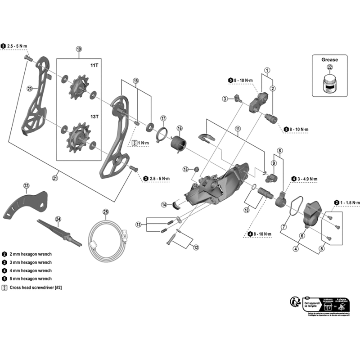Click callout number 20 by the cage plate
[x=30, y=89]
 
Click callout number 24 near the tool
[x=58, y=219]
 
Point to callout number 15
[x=185, y=169]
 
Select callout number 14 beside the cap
[x=165, y=205]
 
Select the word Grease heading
[x=329, y=59]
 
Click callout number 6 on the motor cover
[x=301, y=235]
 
